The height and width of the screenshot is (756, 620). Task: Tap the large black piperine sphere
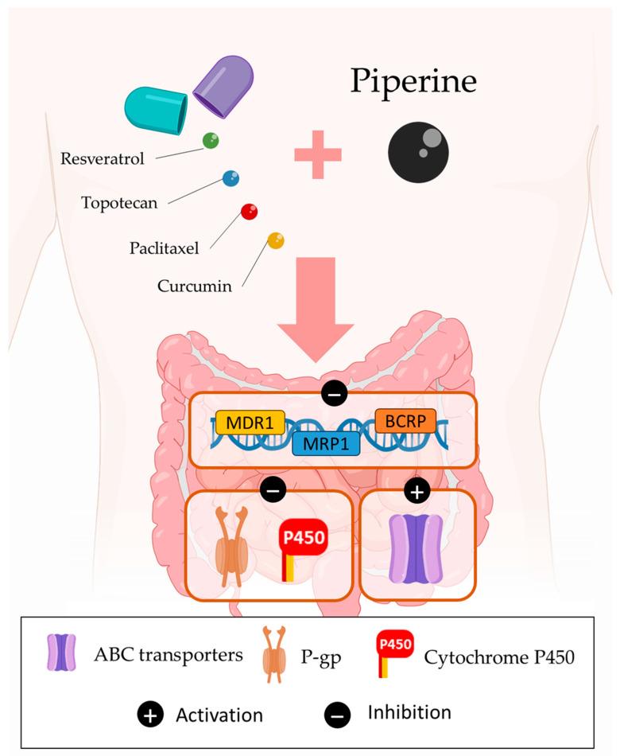point(418,152)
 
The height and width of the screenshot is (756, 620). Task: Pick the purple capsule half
point(223,84)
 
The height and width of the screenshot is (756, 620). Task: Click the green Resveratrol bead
point(211,141)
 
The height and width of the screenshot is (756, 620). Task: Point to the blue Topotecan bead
point(231,178)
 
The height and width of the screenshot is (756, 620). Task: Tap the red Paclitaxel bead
point(250,212)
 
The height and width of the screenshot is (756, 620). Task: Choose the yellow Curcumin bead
point(276,240)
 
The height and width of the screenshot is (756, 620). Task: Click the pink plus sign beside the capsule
point(318,154)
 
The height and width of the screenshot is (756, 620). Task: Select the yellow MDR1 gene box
point(250,423)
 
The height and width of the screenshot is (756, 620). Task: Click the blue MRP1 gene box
point(327,442)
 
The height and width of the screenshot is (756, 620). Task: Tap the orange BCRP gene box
point(405,419)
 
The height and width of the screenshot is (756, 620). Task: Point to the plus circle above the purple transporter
point(418,492)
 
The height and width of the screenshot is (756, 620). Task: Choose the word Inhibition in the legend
point(409,712)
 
